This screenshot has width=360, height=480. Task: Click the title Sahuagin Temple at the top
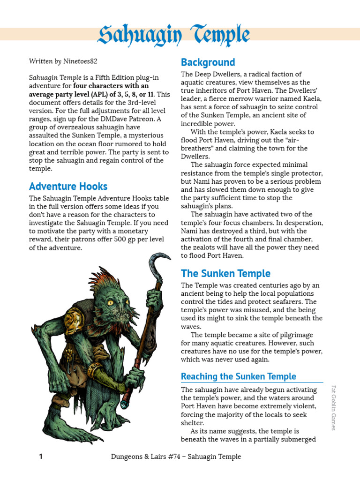pyautogui.click(x=174, y=35)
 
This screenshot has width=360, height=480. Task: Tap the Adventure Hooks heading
pyautogui.click(x=68, y=186)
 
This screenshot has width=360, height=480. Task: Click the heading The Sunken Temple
pyautogui.click(x=225, y=273)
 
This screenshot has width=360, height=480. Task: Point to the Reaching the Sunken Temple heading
pyautogui.click(x=238, y=376)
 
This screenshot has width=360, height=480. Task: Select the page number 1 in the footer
pyautogui.click(x=40, y=456)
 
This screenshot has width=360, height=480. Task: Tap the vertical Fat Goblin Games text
pyautogui.click(x=334, y=408)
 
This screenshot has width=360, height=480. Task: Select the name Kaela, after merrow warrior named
pyautogui.click(x=310, y=99)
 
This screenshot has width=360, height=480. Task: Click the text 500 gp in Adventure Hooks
pyautogui.click(x=110, y=240)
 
